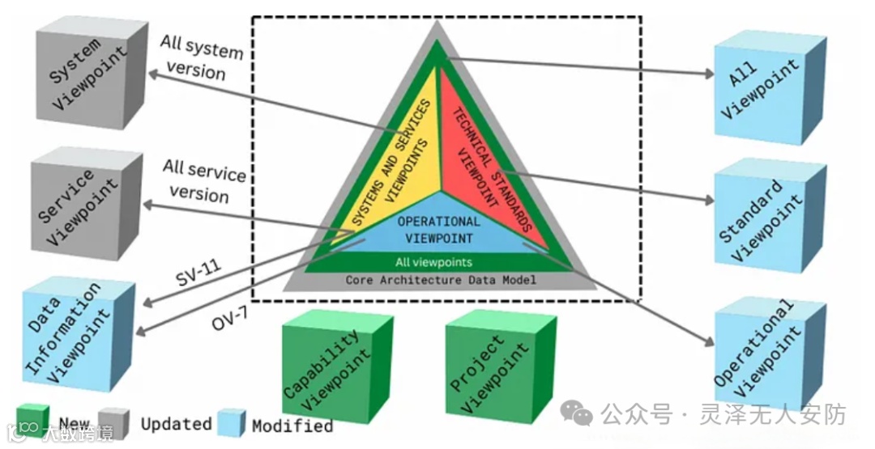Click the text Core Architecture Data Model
tap(441, 280)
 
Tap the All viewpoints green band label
tap(433, 262)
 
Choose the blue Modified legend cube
tap(231, 422)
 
